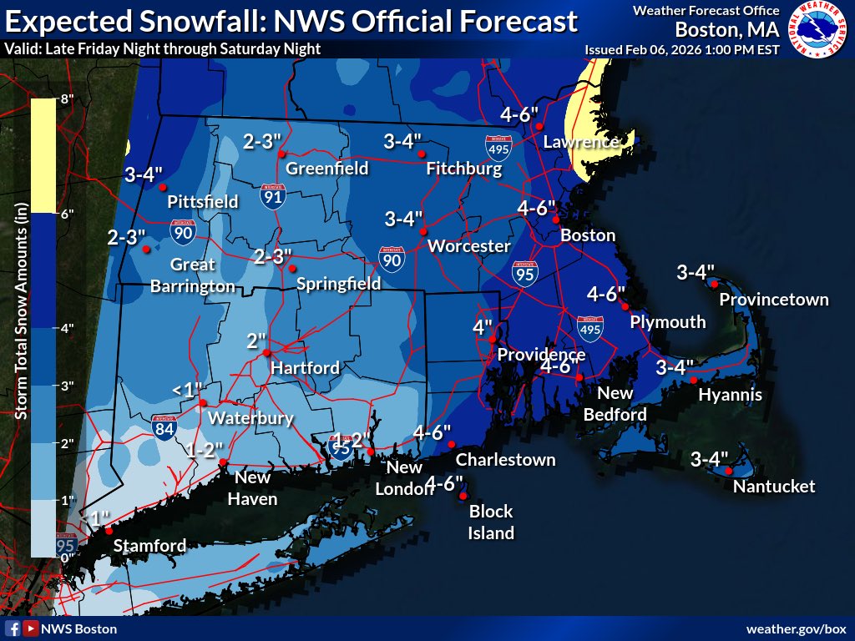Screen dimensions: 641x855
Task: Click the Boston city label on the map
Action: (588, 235)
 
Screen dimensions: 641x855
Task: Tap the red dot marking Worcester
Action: (423, 231)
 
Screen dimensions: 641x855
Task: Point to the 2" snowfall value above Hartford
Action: (256, 341)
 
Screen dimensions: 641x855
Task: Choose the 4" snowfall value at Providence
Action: (483, 327)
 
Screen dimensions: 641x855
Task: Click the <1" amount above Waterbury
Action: (187, 390)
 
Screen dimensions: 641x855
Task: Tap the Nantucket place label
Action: (773, 487)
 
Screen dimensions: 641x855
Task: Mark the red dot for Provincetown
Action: (715, 283)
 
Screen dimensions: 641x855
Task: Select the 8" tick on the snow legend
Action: (66, 98)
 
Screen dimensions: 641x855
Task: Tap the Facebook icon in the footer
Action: (13, 628)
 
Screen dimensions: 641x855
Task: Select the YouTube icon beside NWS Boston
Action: (31, 628)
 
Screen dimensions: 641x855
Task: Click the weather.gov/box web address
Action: (796, 628)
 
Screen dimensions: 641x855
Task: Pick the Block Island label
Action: (491, 522)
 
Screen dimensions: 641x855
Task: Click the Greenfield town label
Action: (327, 169)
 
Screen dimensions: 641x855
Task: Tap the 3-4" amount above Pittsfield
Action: (144, 175)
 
